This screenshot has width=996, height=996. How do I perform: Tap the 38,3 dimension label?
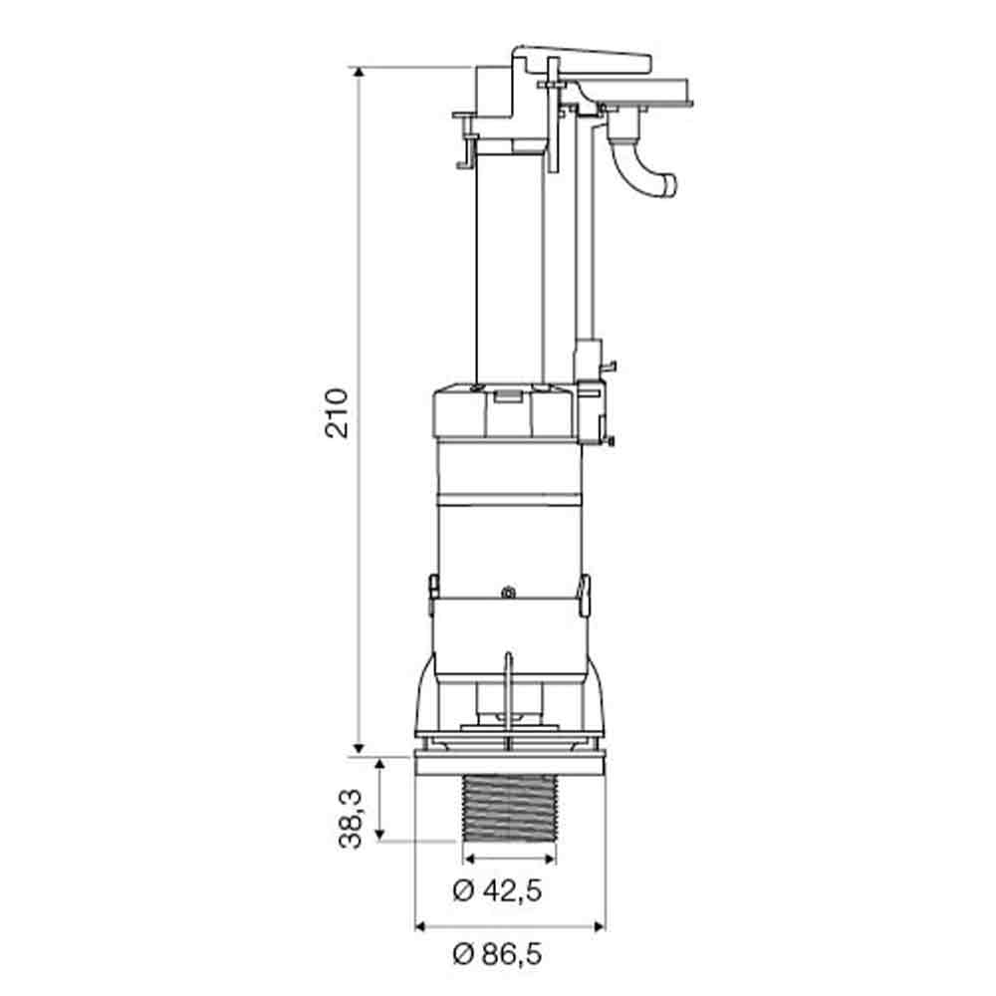[x=350, y=819]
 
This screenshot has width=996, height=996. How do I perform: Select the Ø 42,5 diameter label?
[x=497, y=890]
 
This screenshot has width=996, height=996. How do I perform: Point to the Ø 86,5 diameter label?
[x=497, y=954]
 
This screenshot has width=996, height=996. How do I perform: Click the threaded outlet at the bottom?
[x=510, y=809]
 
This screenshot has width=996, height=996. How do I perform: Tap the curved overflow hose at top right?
[x=640, y=165]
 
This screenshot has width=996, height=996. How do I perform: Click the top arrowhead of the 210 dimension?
[x=359, y=73]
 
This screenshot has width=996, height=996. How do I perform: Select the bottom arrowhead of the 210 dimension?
[x=359, y=748]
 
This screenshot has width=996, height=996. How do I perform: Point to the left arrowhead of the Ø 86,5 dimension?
[x=420, y=926]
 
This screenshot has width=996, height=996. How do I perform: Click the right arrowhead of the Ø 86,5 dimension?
[x=599, y=926]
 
